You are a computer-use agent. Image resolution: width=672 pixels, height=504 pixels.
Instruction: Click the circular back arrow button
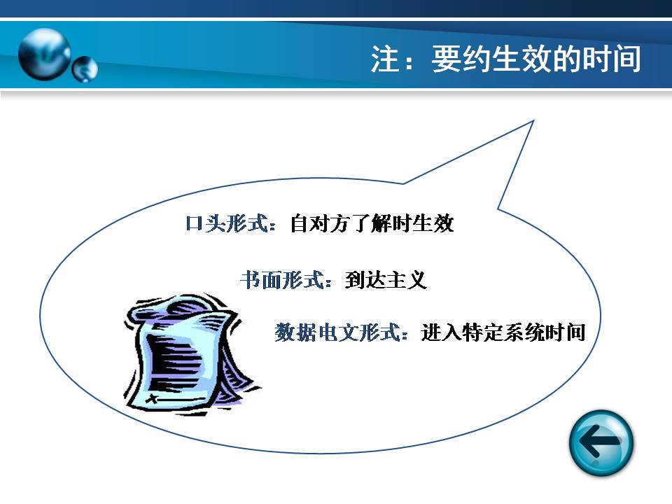[x=601, y=442]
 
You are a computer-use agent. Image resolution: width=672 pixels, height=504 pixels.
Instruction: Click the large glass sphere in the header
[x=45, y=54]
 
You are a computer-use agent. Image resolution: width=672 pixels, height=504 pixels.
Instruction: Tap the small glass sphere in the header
[x=85, y=69]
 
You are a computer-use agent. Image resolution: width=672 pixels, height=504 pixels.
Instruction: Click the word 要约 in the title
[x=461, y=59]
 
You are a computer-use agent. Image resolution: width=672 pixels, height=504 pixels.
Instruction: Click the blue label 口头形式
[x=226, y=223]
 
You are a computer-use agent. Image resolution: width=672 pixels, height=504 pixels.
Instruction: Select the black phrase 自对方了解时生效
[x=372, y=223]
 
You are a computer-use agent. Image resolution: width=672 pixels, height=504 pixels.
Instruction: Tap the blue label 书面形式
[x=281, y=280]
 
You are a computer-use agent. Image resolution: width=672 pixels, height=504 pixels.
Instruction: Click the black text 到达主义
[x=386, y=280]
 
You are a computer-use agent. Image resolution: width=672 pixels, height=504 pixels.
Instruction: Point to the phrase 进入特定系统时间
[x=503, y=332]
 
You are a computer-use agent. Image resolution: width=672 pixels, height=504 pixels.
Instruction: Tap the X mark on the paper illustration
[x=152, y=399]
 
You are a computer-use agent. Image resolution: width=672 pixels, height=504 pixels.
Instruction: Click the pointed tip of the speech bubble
[x=533, y=121]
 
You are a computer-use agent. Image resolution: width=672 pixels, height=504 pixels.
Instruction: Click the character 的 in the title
[x=566, y=59]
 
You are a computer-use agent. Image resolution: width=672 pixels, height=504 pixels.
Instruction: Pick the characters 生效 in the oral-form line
[x=433, y=223]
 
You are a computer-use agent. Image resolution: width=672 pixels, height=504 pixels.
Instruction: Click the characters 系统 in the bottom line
[x=524, y=332]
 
